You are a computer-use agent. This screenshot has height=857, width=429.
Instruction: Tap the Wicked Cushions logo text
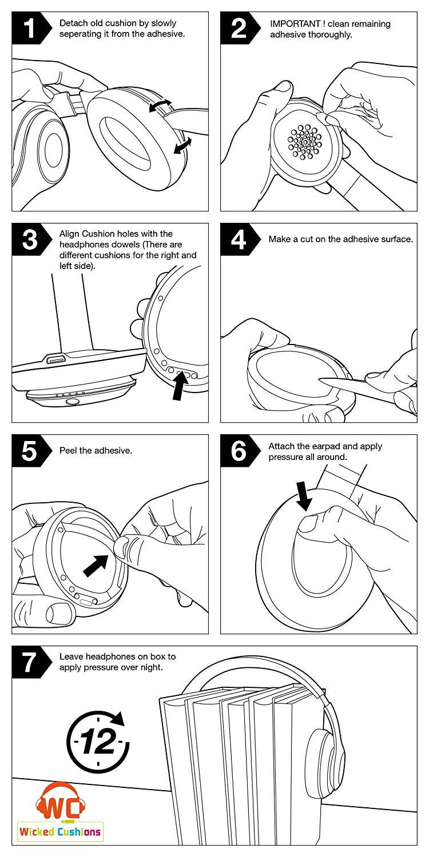click(59, 831)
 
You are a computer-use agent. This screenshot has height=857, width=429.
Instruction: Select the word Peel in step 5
click(69, 451)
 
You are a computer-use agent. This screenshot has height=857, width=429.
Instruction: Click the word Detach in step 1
click(73, 24)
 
